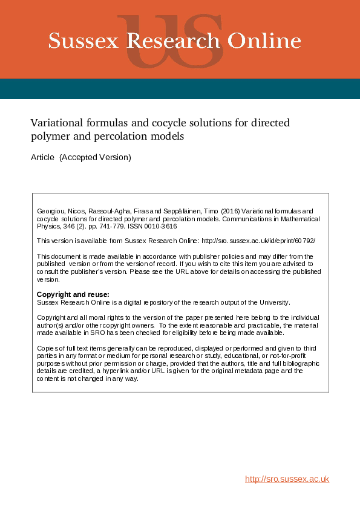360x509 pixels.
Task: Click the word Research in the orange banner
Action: (174, 41)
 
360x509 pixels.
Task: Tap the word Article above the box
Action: (42, 158)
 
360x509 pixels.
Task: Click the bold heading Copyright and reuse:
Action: (73, 294)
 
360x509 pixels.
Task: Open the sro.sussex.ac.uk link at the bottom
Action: (287, 479)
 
